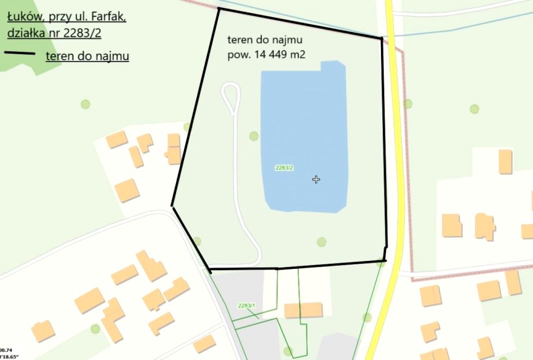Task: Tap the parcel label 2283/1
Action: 247,305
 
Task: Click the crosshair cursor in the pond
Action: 316,179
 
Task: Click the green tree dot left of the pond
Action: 254,136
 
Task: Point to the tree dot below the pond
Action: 321,242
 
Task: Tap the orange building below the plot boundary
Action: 303,310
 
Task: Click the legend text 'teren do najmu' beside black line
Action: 87,56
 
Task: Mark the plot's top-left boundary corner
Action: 218,10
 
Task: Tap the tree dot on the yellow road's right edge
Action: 407,103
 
